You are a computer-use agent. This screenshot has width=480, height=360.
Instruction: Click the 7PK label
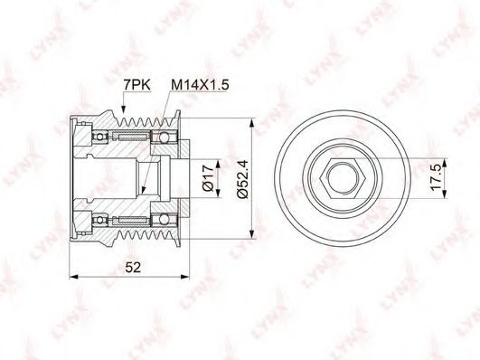pyautogui.click(x=136, y=85)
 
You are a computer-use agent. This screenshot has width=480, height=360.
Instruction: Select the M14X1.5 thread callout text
pyautogui.click(x=200, y=85)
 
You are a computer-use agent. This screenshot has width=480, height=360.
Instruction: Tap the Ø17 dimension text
pyautogui.click(x=208, y=178)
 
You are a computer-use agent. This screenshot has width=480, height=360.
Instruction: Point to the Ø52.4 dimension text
pyautogui.click(x=244, y=179)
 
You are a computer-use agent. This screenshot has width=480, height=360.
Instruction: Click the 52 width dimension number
pyautogui.click(x=133, y=268)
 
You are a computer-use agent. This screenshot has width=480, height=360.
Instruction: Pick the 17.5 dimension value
pyautogui.click(x=436, y=178)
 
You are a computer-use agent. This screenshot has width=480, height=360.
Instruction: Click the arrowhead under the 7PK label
pyautogui.click(x=123, y=109)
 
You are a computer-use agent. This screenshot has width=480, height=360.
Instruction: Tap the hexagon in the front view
pyautogui.click(x=342, y=178)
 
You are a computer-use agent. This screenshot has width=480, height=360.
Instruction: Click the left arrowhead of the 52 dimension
pyautogui.click(x=73, y=277)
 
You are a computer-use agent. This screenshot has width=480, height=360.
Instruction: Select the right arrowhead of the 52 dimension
pyautogui.click(x=186, y=277)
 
